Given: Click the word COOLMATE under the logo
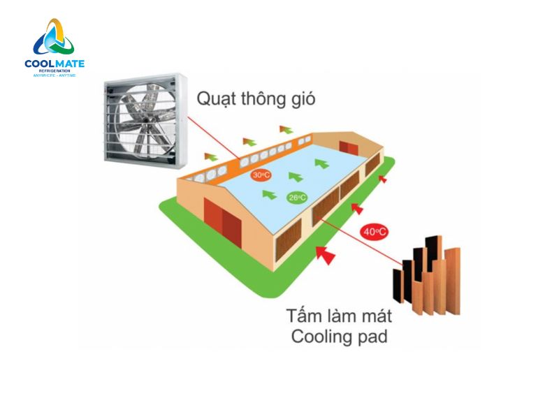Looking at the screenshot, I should (x=55, y=64).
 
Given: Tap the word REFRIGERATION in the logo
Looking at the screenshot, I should (x=55, y=71).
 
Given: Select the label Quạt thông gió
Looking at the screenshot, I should (x=256, y=98).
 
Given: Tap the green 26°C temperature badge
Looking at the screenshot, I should (x=297, y=198).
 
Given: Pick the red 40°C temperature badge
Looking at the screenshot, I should (x=375, y=231).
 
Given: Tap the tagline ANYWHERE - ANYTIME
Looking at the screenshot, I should (x=55, y=75).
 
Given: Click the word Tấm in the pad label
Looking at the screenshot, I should (x=299, y=315).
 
